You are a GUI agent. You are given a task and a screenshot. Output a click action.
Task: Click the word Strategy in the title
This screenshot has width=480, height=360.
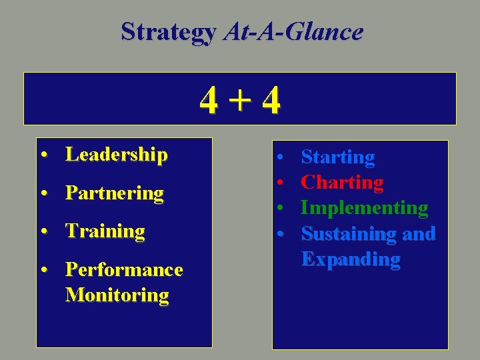point(168,31)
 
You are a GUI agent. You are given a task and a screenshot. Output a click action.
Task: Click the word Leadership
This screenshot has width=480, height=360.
point(116,155)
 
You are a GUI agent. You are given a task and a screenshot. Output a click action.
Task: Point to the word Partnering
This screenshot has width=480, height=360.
point(114,193)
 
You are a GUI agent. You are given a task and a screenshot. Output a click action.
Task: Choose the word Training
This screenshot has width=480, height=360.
point(105,231)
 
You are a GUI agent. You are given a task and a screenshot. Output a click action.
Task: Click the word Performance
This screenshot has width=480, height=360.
point(123,269)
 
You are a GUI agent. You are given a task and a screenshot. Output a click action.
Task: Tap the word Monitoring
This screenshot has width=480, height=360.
point(117,295)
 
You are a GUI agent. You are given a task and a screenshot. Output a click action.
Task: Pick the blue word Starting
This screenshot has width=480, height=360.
point(337,157)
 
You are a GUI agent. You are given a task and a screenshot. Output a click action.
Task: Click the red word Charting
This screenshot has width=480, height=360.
point(342,183)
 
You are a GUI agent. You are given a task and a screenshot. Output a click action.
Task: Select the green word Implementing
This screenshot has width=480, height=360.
point(364,208)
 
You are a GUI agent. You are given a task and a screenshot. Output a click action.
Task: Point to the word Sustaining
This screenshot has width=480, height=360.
point(346,234)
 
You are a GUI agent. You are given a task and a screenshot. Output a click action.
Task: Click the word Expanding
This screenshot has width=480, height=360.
point(351,259)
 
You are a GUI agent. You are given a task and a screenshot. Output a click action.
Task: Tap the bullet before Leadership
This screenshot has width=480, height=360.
point(43,156)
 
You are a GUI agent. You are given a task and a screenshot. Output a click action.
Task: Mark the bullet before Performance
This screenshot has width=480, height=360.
point(43,271)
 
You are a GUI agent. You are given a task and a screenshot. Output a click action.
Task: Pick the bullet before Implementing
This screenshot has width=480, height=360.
point(282,209)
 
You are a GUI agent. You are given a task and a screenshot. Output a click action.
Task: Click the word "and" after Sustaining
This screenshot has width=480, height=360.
point(417,234)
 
